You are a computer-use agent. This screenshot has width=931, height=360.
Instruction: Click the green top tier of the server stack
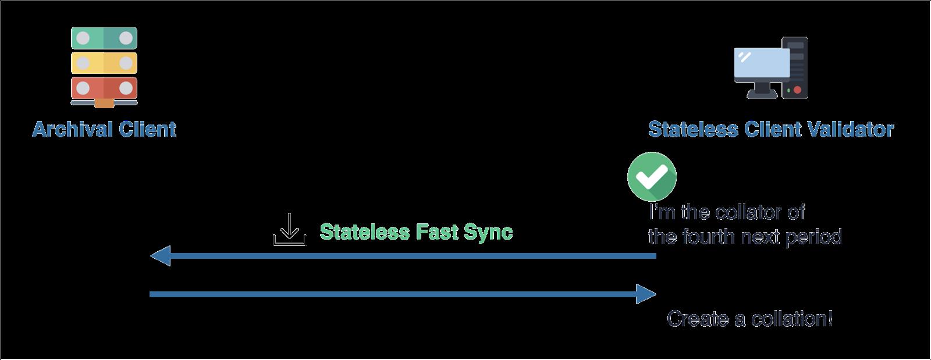[104, 38]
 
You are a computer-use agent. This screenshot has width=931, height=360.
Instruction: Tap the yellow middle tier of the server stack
[104, 63]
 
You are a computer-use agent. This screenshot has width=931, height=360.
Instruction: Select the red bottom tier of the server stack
[104, 88]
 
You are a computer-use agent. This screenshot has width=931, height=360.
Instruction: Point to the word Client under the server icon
[147, 129]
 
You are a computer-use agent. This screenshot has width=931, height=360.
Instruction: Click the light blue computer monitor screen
[762, 63]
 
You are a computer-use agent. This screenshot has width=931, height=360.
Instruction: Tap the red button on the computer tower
[797, 90]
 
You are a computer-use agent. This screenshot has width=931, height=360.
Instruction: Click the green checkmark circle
[652, 177]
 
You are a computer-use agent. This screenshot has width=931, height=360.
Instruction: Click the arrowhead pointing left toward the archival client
[161, 256]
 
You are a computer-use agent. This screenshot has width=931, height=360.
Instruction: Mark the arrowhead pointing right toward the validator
[646, 294]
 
